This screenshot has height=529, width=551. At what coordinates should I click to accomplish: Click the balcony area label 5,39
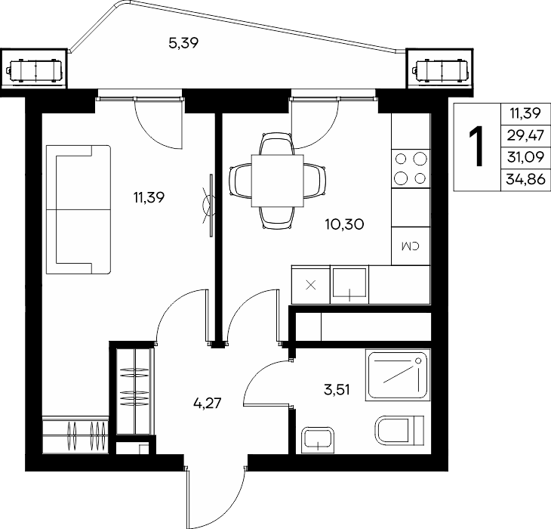[183, 43]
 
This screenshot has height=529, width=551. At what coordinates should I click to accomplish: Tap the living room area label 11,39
[149, 197]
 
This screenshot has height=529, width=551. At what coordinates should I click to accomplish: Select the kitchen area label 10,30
[344, 224]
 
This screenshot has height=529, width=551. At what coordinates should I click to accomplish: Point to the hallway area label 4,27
[208, 403]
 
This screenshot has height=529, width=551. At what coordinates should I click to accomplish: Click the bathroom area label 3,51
[337, 390]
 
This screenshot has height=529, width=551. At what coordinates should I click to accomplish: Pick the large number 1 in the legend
[476, 147]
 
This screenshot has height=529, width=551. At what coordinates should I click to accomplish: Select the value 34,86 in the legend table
[525, 180]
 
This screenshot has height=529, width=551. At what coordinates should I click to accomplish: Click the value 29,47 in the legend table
[525, 135]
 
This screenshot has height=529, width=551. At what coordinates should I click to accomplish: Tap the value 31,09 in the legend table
[525, 157]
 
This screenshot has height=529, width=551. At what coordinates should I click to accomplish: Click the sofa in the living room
[78, 210]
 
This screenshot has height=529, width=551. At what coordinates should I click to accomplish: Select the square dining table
[278, 181]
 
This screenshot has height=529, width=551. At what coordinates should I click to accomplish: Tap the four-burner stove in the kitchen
[411, 169]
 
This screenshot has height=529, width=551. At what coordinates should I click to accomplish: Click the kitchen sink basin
[349, 285]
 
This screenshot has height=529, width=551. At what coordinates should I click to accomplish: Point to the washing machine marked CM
[411, 246]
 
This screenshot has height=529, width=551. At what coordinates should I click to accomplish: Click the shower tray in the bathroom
[398, 375]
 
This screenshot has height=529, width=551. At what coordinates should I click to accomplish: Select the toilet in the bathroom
[400, 430]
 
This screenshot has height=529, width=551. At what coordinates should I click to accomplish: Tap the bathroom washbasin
[318, 440]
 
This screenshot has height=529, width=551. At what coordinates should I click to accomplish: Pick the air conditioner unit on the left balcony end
[35, 72]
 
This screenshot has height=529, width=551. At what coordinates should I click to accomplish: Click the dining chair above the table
[276, 144]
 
